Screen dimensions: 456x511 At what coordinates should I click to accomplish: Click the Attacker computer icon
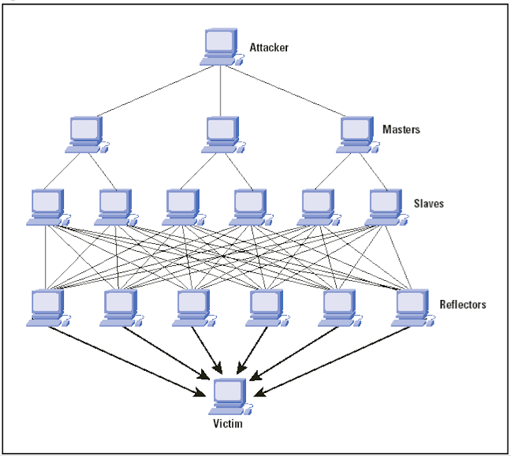221,48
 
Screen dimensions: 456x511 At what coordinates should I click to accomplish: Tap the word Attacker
269,48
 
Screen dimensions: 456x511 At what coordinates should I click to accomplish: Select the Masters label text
400,130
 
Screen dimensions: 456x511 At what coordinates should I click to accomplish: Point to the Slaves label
429,204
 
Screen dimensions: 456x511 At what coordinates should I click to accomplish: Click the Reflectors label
462,304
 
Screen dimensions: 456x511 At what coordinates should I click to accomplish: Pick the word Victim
228,425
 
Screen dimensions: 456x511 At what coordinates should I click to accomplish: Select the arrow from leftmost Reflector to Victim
128,360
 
